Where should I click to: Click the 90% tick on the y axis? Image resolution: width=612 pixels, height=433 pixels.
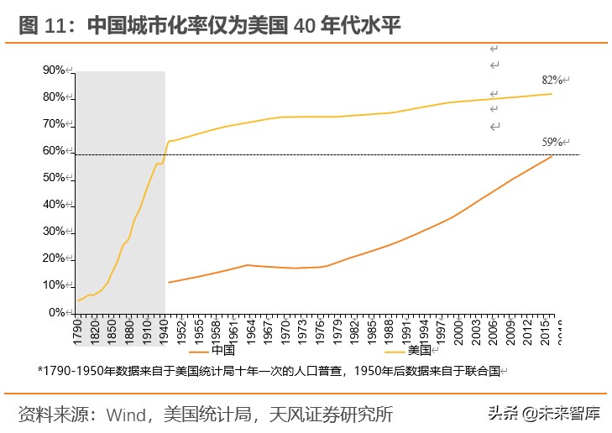(x=54, y=70)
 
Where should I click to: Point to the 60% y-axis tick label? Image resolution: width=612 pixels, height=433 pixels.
(x=54, y=151)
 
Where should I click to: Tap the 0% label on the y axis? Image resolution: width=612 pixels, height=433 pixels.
(x=57, y=312)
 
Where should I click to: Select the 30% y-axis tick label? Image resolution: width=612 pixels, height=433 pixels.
(x=54, y=232)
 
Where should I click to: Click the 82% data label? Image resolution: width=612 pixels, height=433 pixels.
(x=552, y=81)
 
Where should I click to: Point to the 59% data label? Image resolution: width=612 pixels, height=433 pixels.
(x=552, y=142)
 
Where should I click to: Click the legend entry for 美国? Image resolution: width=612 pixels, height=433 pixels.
(x=419, y=350)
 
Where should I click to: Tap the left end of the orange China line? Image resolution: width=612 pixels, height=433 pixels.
(x=169, y=282)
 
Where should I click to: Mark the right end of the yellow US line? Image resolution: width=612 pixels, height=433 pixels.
(x=552, y=93)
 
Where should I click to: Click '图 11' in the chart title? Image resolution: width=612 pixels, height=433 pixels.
(x=41, y=25)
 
